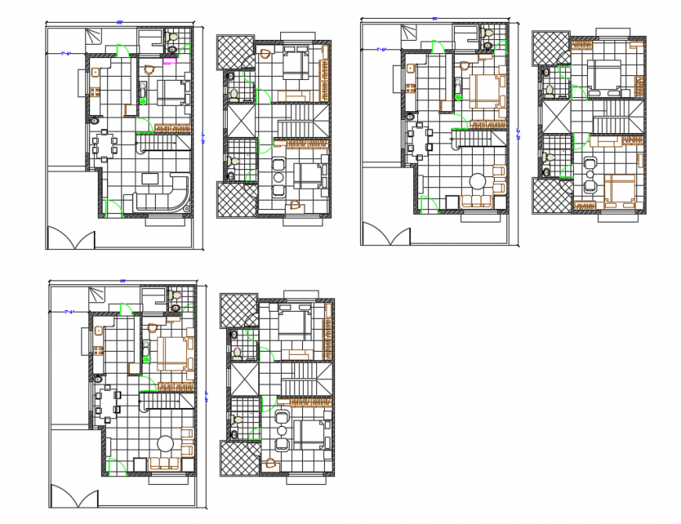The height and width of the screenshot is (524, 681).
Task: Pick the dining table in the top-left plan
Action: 104,147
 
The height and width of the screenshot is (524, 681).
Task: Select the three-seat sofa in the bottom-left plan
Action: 164,464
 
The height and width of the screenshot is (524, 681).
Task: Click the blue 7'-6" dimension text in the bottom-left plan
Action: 69,313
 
